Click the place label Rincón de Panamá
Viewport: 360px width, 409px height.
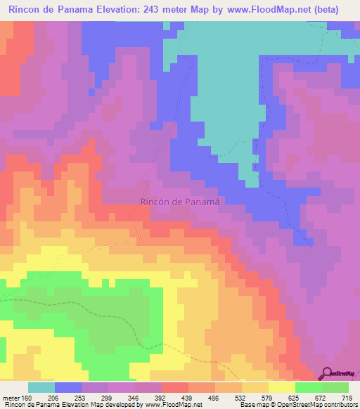click(181, 200)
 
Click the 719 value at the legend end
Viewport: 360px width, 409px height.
click(347, 398)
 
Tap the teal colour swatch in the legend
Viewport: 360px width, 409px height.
click(41, 387)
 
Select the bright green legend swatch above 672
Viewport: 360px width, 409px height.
click(308, 387)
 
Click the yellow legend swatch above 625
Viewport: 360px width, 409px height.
click(281, 387)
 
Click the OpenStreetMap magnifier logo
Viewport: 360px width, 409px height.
click(326, 373)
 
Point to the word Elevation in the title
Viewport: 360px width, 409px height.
click(120, 10)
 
